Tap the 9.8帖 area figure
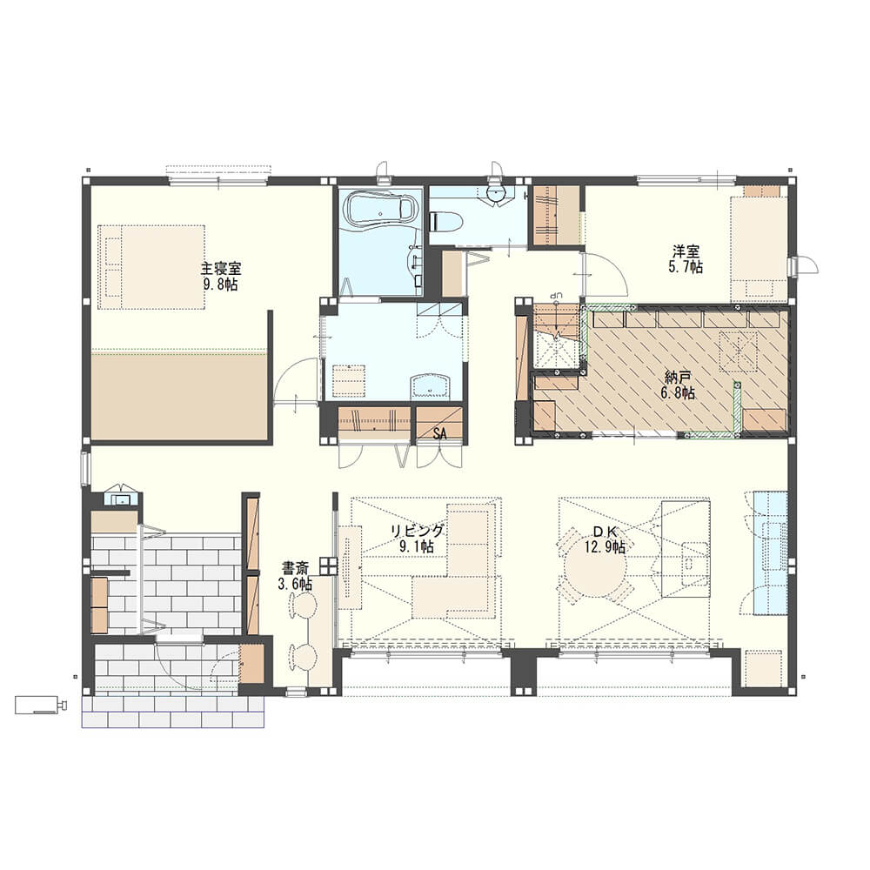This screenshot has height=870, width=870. (x=221, y=284)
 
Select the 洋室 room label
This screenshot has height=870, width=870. (x=686, y=252)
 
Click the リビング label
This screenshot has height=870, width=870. (x=418, y=531)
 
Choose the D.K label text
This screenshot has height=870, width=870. (x=605, y=532)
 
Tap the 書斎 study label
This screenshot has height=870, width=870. (x=295, y=568)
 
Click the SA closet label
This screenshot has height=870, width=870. (x=440, y=434)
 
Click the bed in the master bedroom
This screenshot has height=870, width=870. (x=151, y=267)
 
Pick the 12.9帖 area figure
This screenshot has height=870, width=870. (x=605, y=547)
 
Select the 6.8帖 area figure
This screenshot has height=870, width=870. (x=678, y=393)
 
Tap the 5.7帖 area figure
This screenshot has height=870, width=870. (x=686, y=267)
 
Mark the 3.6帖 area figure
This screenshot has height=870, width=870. (x=295, y=584)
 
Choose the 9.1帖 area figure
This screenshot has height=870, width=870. (x=418, y=547)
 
